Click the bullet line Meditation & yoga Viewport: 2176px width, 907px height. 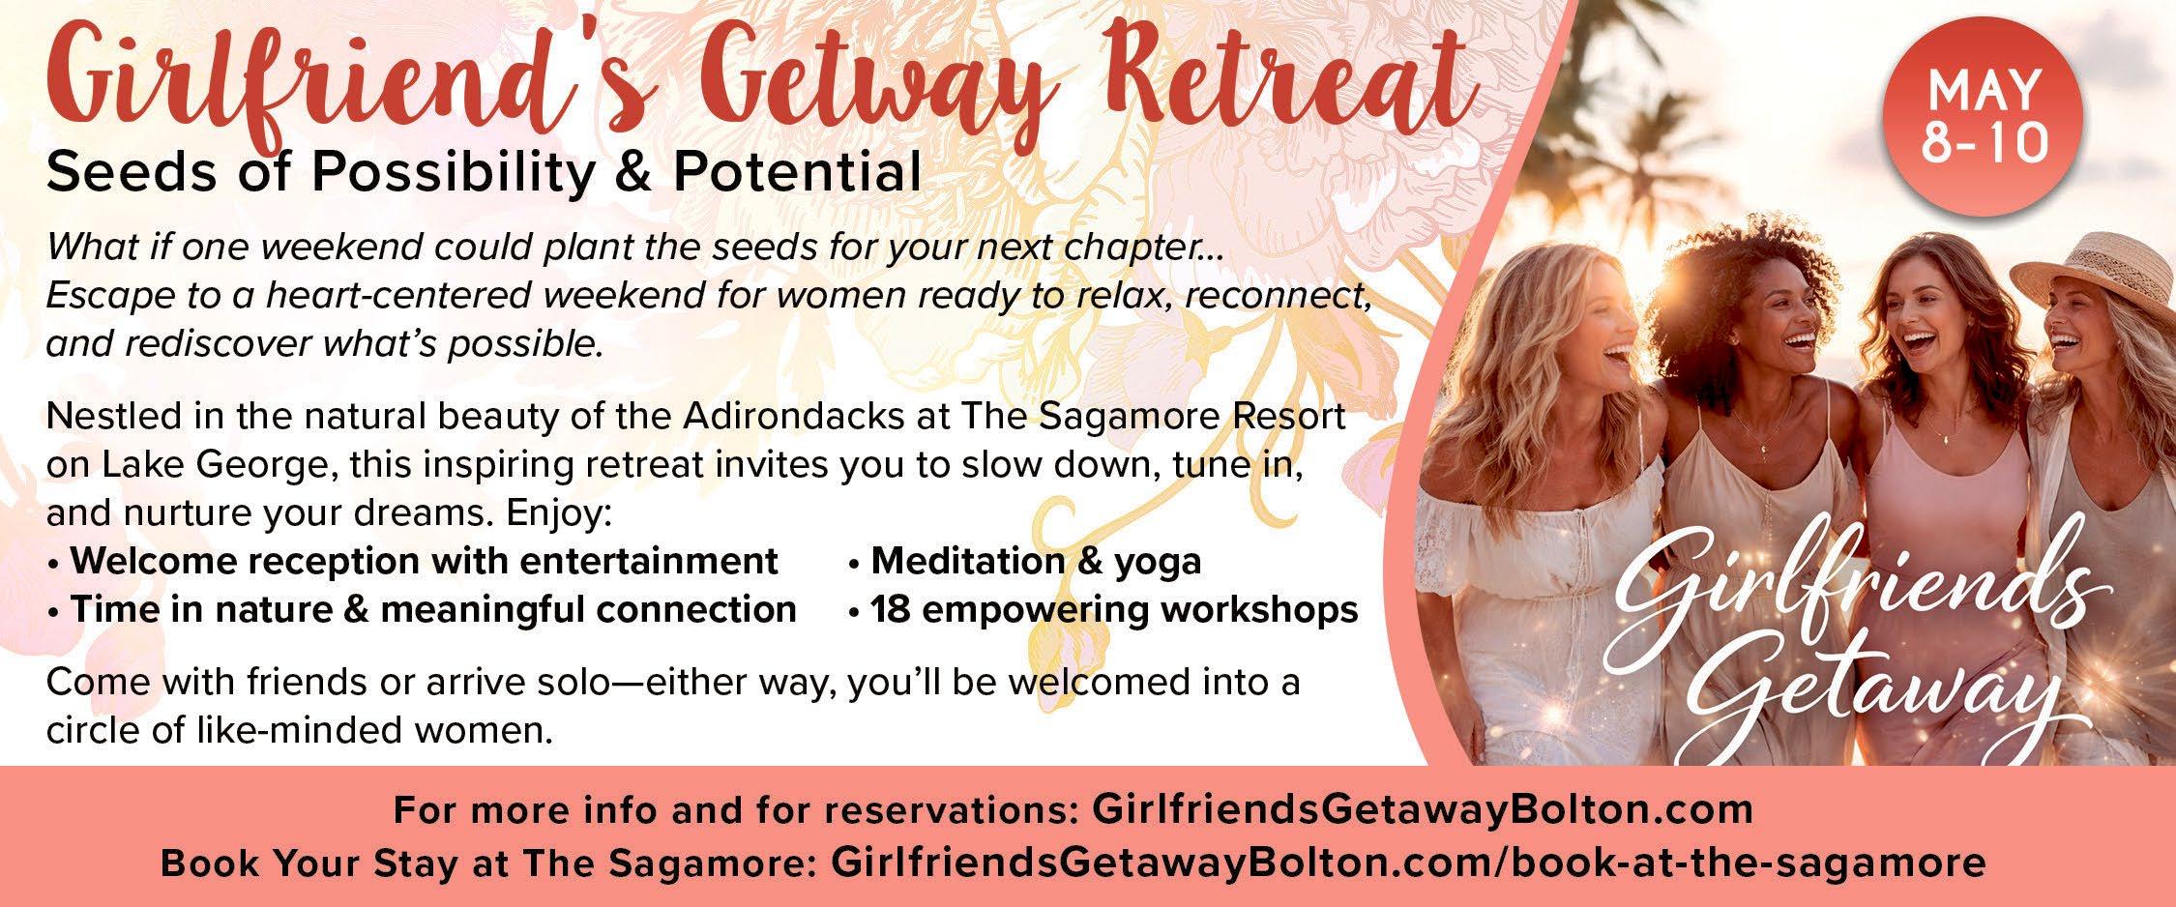pos(1025,562)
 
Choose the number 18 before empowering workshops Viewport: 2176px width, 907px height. pos(890,610)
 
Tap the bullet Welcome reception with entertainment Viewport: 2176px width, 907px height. pos(413,562)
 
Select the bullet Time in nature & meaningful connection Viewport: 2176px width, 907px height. pos(422,610)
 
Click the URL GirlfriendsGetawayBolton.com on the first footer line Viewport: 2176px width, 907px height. pos(1422,808)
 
